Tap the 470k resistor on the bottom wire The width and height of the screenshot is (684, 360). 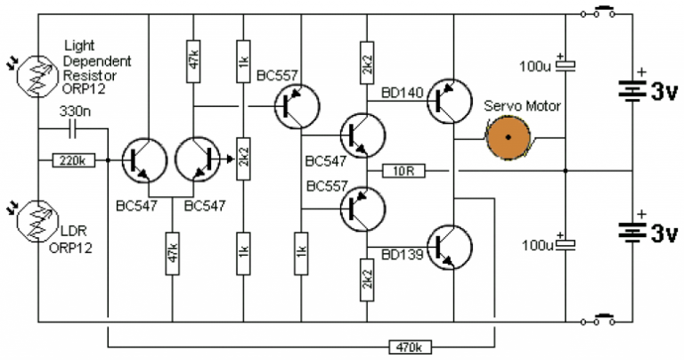click(x=406, y=345)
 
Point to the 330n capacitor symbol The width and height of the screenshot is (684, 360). click(x=72, y=130)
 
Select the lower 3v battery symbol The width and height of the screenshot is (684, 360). click(x=632, y=230)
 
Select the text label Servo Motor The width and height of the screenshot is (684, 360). click(x=522, y=106)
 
